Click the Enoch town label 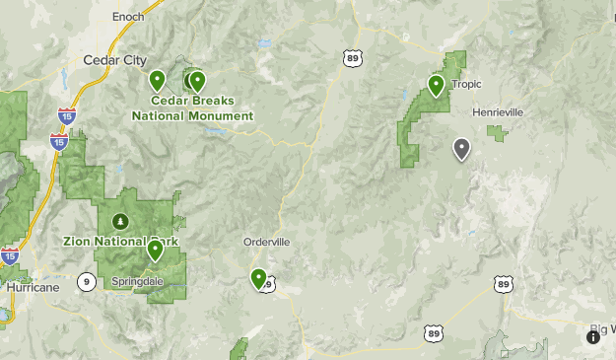[x=128, y=17]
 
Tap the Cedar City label [x=115, y=60]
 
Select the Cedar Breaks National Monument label [x=192, y=108]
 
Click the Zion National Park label [x=113, y=241]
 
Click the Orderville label [x=266, y=242]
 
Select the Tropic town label [x=466, y=84]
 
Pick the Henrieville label [x=497, y=112]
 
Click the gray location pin [x=460, y=149]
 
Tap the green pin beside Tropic [x=436, y=86]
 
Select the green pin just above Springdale [x=155, y=251]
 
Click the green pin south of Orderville [x=258, y=279]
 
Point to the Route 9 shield [x=87, y=283]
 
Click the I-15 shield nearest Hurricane [x=10, y=256]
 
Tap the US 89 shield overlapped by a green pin [x=267, y=284]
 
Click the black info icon [x=593, y=337]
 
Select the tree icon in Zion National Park [x=120, y=220]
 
